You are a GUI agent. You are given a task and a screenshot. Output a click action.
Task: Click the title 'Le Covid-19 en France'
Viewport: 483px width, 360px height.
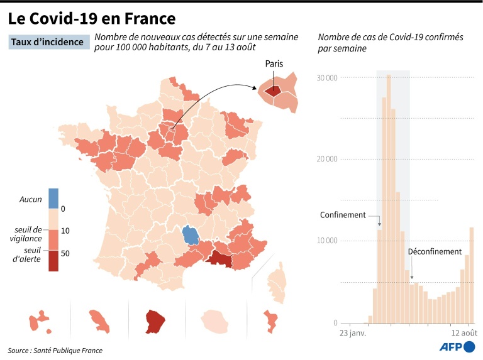point(92,18)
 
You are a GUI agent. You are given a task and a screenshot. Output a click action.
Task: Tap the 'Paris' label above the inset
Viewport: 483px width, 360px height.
point(274,64)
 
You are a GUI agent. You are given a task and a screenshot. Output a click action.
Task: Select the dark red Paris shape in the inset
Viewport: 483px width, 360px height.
point(273,90)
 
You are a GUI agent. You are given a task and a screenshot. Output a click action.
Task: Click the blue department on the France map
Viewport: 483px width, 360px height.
point(191,236)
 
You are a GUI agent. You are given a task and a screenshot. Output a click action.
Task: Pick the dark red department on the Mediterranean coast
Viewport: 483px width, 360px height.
point(220,259)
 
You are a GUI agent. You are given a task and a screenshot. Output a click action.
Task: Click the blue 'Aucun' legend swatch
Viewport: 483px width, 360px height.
point(53,199)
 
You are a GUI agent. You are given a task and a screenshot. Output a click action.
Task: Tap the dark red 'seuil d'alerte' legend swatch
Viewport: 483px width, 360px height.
point(53,261)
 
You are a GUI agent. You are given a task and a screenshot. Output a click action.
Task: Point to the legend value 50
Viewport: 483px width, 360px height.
point(65,251)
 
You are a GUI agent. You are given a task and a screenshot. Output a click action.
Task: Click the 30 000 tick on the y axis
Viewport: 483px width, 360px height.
point(327,77)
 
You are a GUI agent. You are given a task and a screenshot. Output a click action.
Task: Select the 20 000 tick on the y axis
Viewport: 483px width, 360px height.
point(327,159)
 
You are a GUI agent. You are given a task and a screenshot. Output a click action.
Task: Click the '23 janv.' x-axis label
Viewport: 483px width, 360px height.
point(353,332)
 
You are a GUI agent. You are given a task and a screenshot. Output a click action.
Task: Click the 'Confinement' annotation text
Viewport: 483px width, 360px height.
point(343,215)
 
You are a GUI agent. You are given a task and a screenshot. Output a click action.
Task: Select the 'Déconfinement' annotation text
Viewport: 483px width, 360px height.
point(435,251)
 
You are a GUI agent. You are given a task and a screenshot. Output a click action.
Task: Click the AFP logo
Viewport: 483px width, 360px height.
point(455,346)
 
